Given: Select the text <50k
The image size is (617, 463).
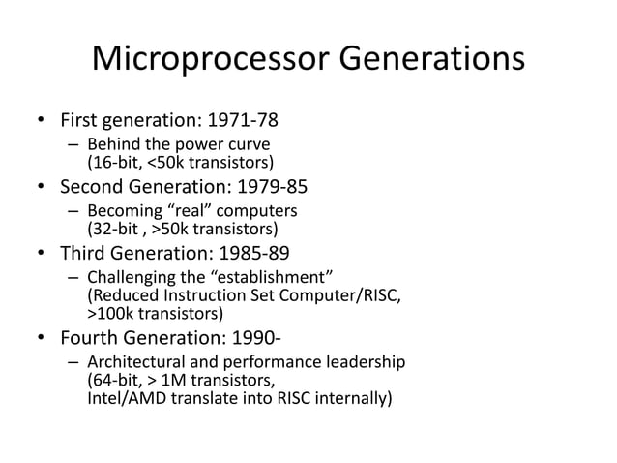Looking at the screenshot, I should click(162, 162).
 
